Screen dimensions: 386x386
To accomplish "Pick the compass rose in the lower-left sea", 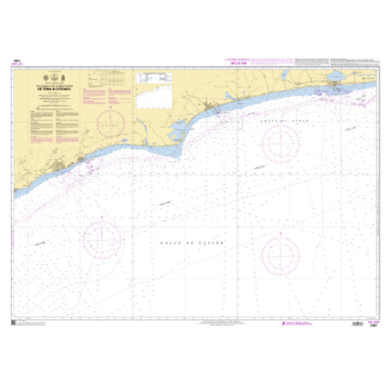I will (101, 237).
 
